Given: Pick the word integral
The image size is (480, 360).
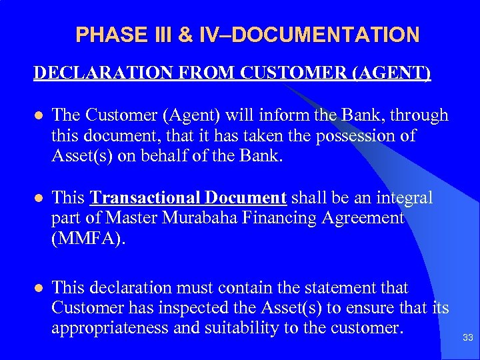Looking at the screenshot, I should point(405,198).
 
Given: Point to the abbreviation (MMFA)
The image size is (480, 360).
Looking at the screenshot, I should point(87,238).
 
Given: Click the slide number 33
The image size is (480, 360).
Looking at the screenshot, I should point(467,339).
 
